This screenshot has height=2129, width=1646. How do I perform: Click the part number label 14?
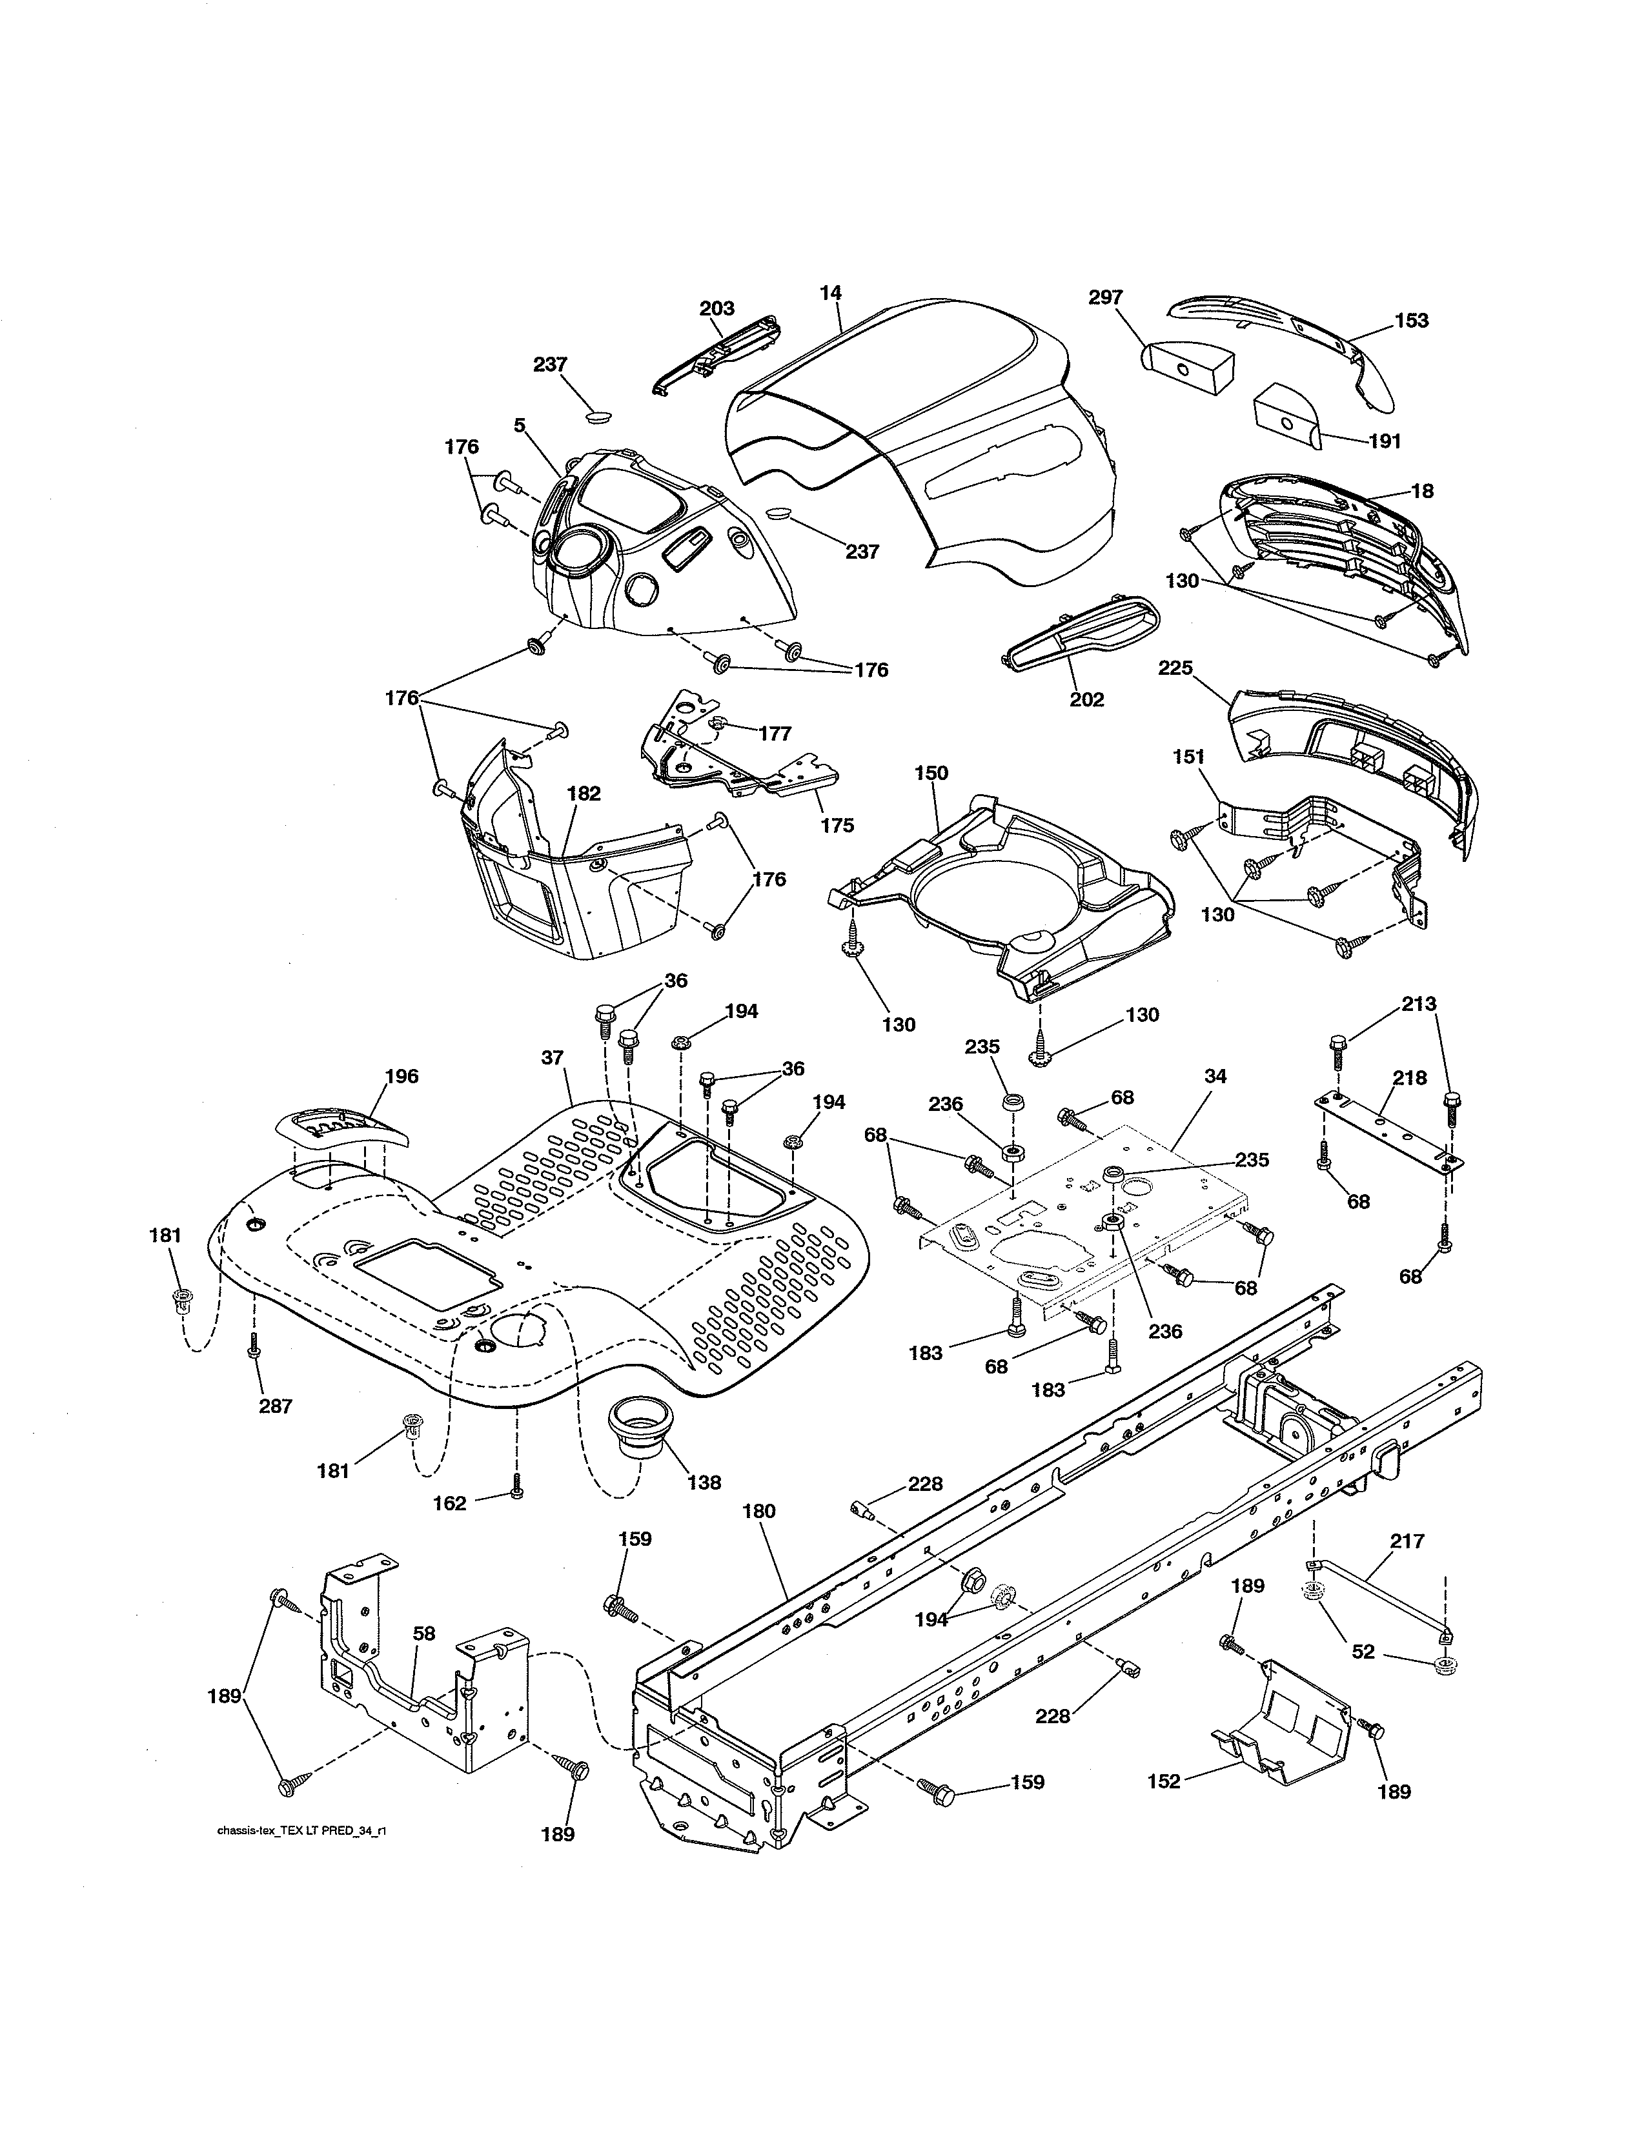pyautogui.click(x=830, y=292)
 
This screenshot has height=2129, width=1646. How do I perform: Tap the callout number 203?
pyautogui.click(x=716, y=308)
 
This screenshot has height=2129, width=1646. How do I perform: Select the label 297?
pyautogui.click(x=1106, y=297)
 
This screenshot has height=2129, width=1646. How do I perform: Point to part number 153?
pyautogui.click(x=1411, y=321)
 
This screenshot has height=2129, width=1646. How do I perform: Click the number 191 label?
pyautogui.click(x=1384, y=441)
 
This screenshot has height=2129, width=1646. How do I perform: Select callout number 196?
pyautogui.click(x=401, y=1076)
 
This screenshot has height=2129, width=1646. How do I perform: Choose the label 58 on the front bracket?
pyautogui.click(x=423, y=1634)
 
